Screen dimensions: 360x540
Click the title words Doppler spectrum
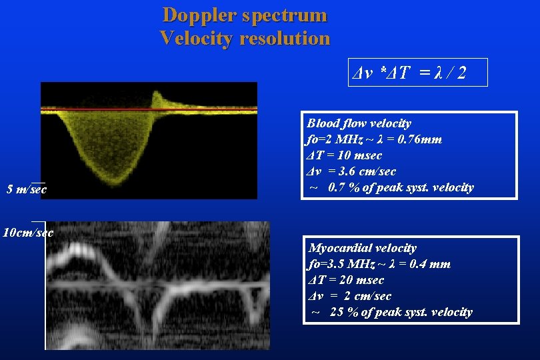click(x=245, y=15)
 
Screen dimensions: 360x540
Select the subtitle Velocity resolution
click(x=245, y=38)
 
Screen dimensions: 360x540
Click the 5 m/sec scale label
click(x=27, y=190)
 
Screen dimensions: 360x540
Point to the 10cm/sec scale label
click(x=27, y=233)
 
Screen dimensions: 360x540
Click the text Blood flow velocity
click(x=359, y=123)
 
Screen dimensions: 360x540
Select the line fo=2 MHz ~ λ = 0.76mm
click(x=374, y=139)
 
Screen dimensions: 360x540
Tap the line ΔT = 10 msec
click(x=344, y=155)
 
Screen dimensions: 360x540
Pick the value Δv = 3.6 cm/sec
click(x=351, y=171)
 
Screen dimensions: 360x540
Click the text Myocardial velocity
click(x=362, y=248)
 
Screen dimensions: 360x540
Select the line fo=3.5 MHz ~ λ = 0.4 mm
click(x=379, y=264)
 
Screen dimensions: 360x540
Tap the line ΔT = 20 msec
click(x=346, y=280)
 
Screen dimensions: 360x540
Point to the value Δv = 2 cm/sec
click(x=349, y=296)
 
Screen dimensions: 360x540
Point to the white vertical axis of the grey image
click(x=45, y=287)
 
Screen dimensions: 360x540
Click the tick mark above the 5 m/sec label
click(x=38, y=183)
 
